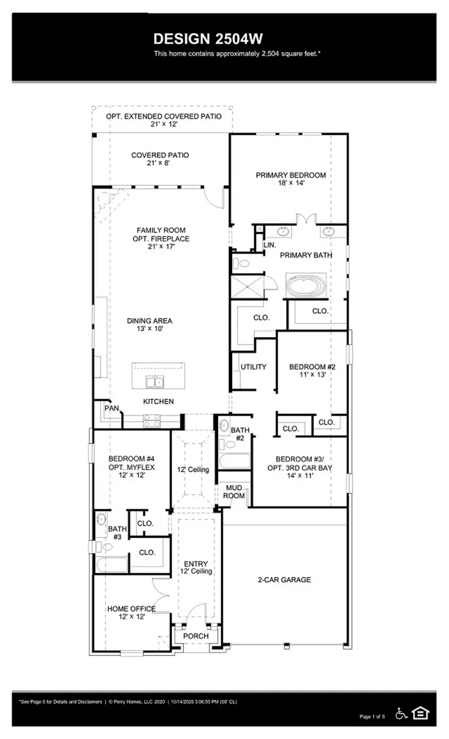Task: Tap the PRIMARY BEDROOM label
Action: click(291, 175)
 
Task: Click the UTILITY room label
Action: click(253, 367)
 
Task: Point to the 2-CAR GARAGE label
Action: click(284, 580)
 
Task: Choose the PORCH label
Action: click(196, 636)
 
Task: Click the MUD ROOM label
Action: click(233, 492)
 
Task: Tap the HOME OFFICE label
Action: click(131, 609)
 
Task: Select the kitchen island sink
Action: click(154, 381)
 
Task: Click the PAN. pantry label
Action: click(112, 408)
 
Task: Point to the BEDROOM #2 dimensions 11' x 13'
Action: click(308, 375)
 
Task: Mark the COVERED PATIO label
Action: click(160, 156)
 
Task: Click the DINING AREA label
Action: click(149, 321)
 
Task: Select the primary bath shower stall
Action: click(247, 286)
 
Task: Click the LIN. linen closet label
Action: click(270, 244)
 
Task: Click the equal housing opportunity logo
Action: click(421, 713)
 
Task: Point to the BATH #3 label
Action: click(117, 532)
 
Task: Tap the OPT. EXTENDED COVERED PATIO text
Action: click(163, 117)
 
